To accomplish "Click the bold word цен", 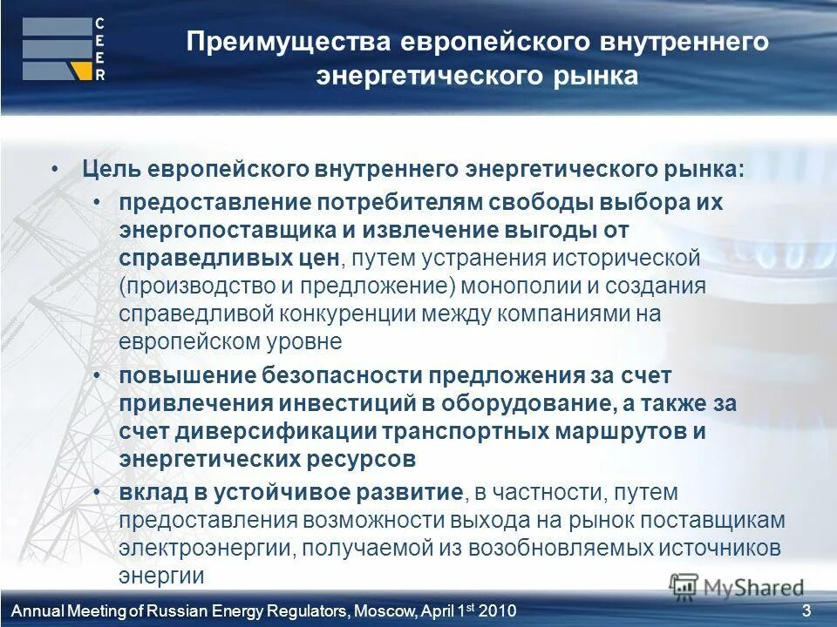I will coord(319,259).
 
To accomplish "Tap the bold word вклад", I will coord(149,492).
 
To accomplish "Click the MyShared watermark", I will coord(738,587).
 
